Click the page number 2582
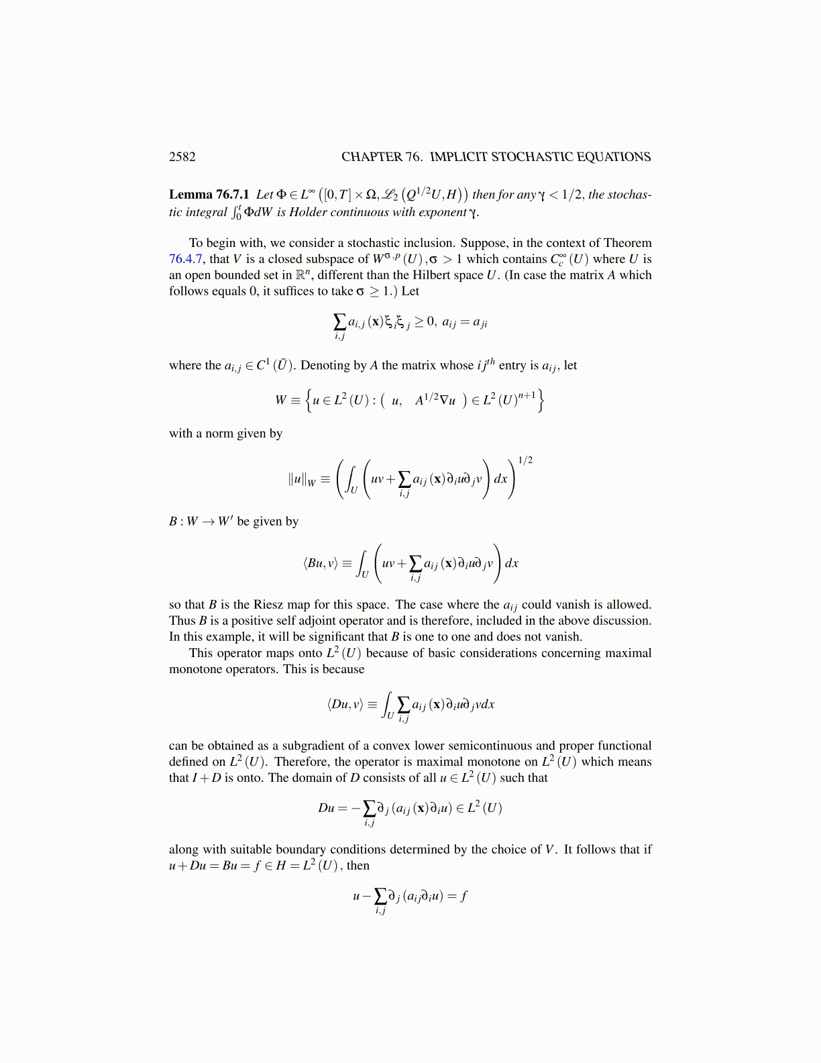182,157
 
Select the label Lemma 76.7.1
209,195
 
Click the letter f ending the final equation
463,896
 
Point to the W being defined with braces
281,401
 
